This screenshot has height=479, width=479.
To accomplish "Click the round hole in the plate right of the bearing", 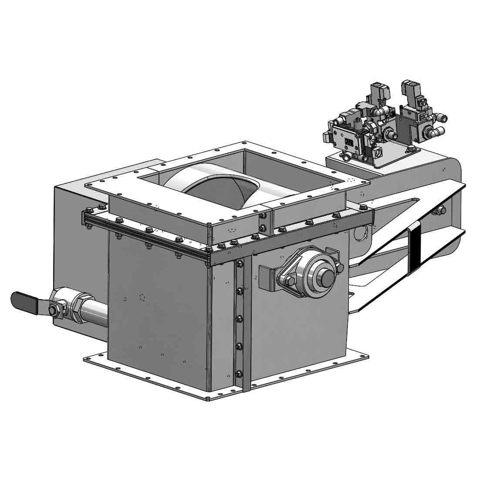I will click(361, 233).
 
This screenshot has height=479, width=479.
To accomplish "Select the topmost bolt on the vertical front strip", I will click(239, 263).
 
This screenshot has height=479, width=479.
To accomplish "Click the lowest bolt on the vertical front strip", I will click(239, 373).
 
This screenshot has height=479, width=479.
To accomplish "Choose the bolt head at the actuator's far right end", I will click(441, 210).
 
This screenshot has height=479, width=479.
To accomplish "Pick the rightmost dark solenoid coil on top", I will click(409, 91).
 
